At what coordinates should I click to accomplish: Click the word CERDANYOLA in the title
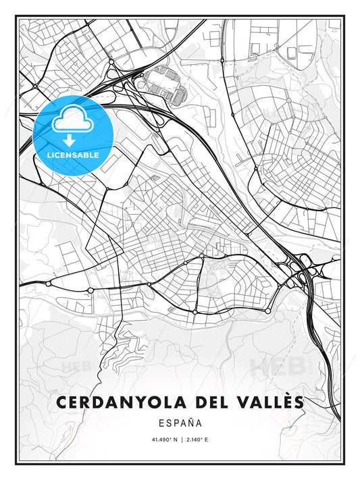click(120, 402)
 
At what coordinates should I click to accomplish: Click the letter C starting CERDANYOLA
click(63, 402)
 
